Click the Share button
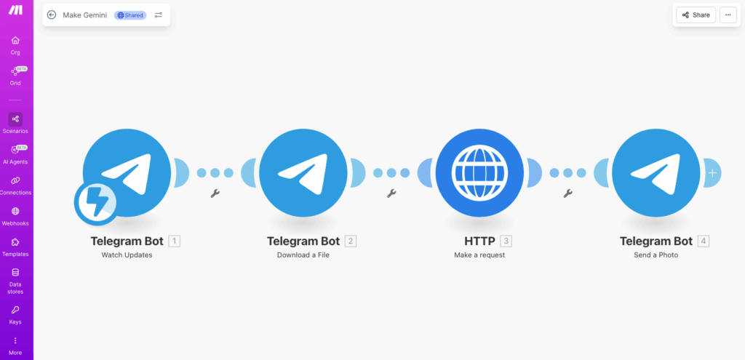(x=696, y=15)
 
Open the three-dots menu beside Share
(x=728, y=15)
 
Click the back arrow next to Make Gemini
(x=52, y=15)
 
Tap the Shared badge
(x=130, y=15)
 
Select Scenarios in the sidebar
(x=15, y=123)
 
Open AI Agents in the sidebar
(x=15, y=153)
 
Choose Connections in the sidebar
(x=15, y=185)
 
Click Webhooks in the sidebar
(x=15, y=215)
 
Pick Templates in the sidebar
(x=15, y=247)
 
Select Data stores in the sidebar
(x=15, y=281)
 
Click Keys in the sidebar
(x=15, y=314)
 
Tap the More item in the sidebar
(x=15, y=345)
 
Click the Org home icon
(x=15, y=44)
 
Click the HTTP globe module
(x=479, y=173)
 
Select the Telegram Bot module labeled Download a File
(x=303, y=173)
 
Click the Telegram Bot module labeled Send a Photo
(x=656, y=173)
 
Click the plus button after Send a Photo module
(x=712, y=173)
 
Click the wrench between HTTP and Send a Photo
(x=567, y=193)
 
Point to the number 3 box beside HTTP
(x=506, y=241)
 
